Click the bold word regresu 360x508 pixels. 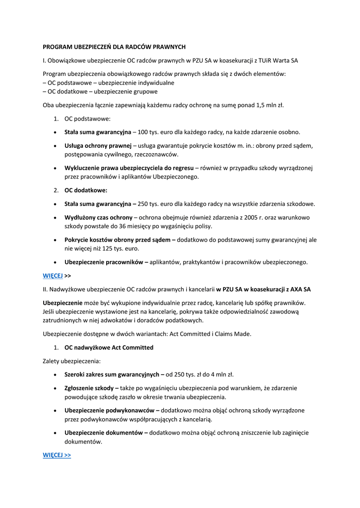pyautogui.click(x=182, y=168)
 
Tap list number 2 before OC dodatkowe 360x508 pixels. pyautogui.click(x=56, y=190)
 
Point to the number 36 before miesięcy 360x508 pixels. pyautogui.click(x=124, y=226)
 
